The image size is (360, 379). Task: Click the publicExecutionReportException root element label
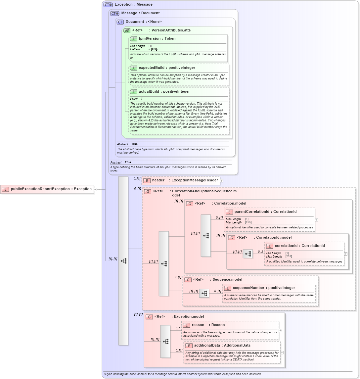[x=51, y=189]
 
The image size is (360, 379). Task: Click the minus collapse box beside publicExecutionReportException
[x=95, y=189]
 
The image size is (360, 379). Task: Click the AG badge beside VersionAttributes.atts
[x=127, y=30]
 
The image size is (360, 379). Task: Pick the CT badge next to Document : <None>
[x=120, y=22]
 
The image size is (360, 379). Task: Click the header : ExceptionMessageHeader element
[x=185, y=180]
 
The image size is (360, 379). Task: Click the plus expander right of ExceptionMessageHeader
[x=222, y=180]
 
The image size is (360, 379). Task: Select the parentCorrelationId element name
[x=252, y=212]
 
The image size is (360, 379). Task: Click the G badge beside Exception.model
[x=150, y=317]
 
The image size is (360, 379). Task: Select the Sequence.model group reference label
[x=227, y=280]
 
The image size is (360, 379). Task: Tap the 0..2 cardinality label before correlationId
[x=260, y=252]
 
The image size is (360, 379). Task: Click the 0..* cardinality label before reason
[x=178, y=328]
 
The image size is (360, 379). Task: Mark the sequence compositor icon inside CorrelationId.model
[x=247, y=254]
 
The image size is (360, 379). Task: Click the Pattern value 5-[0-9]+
[x=154, y=49]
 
